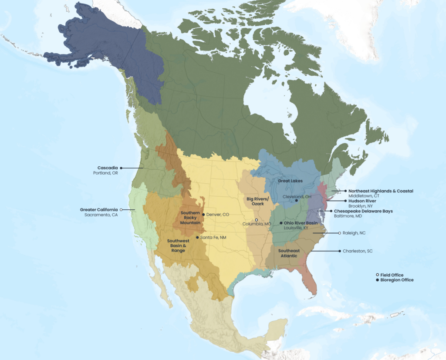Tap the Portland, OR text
click(105, 173)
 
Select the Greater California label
click(99, 210)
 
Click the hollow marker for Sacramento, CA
click(121, 210)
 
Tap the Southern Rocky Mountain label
click(190, 217)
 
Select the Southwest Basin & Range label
click(178, 246)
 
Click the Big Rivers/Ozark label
click(258, 201)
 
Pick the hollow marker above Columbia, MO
click(257, 220)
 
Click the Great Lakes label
click(290, 181)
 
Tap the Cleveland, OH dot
click(296, 201)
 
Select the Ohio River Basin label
click(301, 223)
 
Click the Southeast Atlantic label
click(289, 253)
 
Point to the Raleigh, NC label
click(354, 233)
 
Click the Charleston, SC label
click(358, 251)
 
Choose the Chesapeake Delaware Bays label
click(363, 211)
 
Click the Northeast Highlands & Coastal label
click(381, 191)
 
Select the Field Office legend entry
click(392, 275)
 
